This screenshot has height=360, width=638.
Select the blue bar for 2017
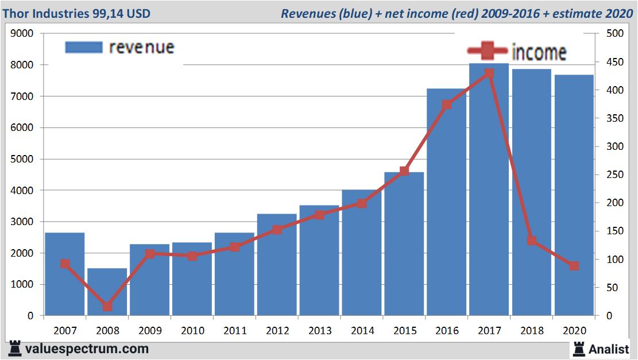click(489, 189)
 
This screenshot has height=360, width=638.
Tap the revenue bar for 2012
click(277, 264)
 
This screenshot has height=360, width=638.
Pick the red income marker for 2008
click(107, 307)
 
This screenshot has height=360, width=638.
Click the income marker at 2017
click(489, 73)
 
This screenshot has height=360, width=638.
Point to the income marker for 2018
click(532, 241)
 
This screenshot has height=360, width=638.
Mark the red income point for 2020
click(574, 266)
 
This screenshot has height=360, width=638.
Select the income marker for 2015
click(404, 171)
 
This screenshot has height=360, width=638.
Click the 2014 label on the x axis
click(362, 331)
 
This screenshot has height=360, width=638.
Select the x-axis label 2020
click(574, 331)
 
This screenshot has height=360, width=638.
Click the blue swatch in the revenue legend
click(83, 47)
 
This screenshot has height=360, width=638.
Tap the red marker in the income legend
click(487, 52)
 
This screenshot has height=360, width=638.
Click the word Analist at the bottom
click(609, 349)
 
